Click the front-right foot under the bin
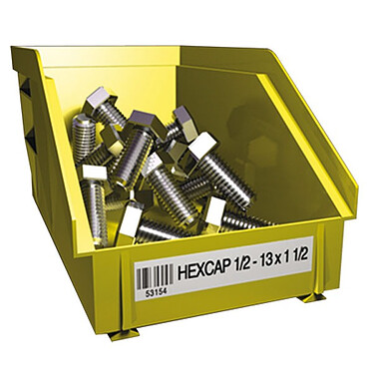point(312,296)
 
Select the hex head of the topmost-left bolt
point(101,101)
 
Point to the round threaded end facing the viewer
point(84,130)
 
